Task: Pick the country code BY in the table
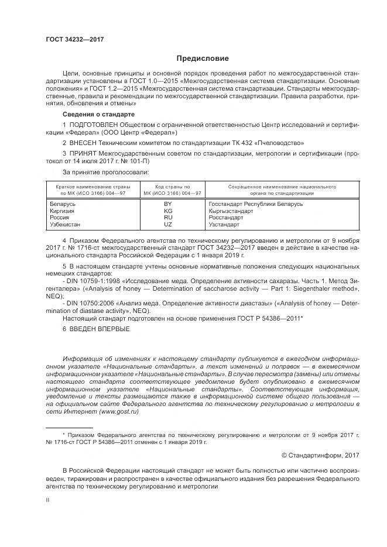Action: (x=168, y=204)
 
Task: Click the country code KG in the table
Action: (x=168, y=211)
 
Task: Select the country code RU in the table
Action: (x=168, y=217)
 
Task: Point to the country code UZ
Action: (x=168, y=224)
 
